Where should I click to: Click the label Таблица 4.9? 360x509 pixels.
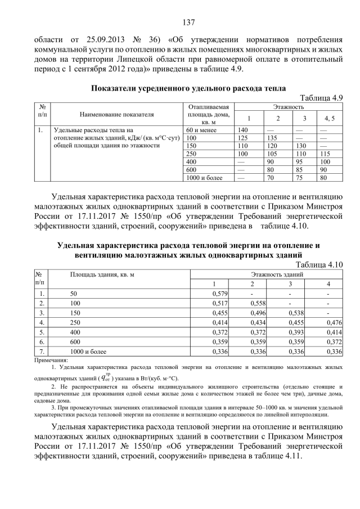pos(322,98)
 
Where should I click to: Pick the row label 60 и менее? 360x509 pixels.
pos(201,129)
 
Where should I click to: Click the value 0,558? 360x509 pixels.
pos(257,303)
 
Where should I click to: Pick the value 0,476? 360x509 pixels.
pos(335,323)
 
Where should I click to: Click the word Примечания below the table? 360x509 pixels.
pos(51,359)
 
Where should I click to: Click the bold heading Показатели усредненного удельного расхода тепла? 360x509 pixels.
pos(188,88)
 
